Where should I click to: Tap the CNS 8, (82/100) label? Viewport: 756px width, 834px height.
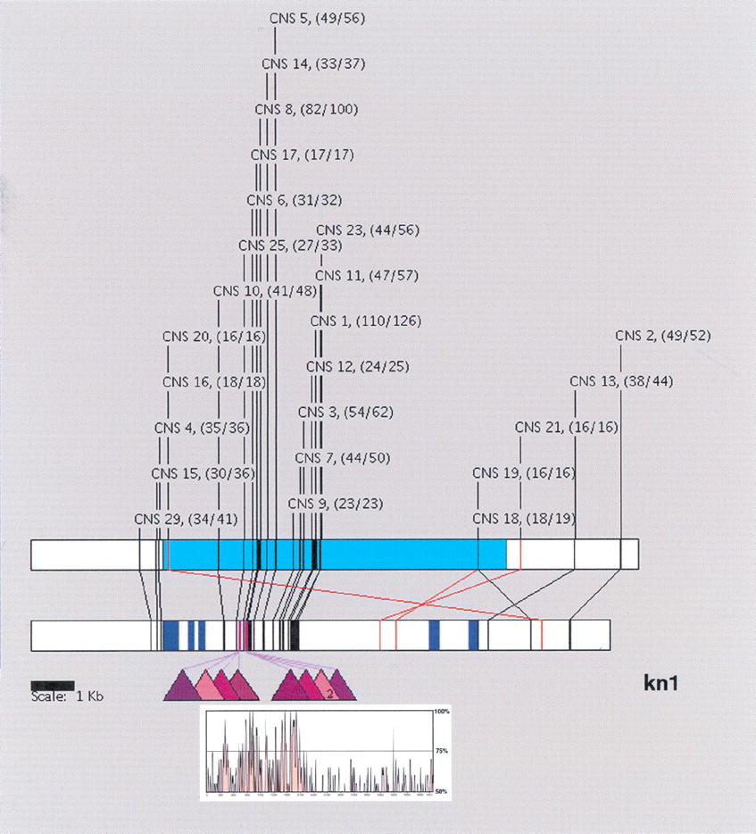coord(306,109)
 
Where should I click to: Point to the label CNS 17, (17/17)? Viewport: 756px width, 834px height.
coord(303,154)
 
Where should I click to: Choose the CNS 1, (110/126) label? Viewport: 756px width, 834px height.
coord(366,321)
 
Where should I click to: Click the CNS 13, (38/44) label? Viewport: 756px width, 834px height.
coord(621,381)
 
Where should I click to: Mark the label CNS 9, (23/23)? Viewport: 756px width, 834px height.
coord(336,504)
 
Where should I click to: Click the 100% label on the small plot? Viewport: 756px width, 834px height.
coord(441,713)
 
